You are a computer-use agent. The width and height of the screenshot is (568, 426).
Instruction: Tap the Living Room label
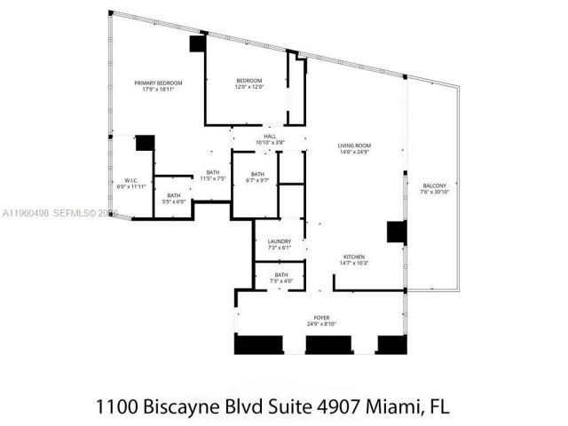tap(353, 145)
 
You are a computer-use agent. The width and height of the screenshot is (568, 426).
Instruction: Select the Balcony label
tap(432, 185)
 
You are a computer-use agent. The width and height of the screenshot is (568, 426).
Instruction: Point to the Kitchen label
tap(354, 257)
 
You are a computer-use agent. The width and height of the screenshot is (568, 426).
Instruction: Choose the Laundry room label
tap(280, 241)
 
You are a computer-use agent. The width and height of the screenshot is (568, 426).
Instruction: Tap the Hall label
tap(269, 136)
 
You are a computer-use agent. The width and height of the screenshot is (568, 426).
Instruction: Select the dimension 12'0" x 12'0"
tap(248, 87)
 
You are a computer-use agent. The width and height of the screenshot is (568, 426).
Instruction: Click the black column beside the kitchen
tap(396, 232)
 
